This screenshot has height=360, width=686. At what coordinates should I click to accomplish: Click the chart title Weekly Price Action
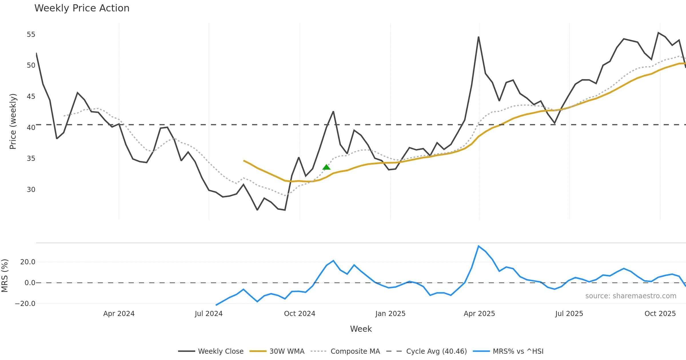click(x=82, y=8)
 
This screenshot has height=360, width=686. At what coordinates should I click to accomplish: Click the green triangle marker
click(x=326, y=167)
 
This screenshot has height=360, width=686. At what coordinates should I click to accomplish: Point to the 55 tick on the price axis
click(x=31, y=35)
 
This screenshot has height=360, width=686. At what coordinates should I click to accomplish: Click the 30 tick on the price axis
click(x=31, y=189)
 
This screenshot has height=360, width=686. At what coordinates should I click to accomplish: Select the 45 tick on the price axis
click(x=31, y=97)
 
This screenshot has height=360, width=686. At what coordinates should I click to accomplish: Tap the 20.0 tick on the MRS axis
click(x=28, y=262)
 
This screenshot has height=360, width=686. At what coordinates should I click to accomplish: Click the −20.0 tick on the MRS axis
click(x=25, y=303)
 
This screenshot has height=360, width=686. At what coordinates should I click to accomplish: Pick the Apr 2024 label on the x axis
click(x=119, y=314)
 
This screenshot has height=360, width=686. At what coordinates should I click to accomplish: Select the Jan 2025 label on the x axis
click(x=390, y=314)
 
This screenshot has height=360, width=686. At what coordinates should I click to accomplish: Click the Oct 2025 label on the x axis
click(x=660, y=314)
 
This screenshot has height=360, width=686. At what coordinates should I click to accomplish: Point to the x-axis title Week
click(x=361, y=329)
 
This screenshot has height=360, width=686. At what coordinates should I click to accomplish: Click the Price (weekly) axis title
click(x=13, y=121)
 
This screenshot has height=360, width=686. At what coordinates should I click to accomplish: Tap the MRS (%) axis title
click(x=5, y=276)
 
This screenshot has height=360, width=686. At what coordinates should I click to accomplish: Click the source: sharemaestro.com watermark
click(x=631, y=296)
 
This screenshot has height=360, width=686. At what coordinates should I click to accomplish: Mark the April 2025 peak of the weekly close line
click(x=478, y=37)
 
